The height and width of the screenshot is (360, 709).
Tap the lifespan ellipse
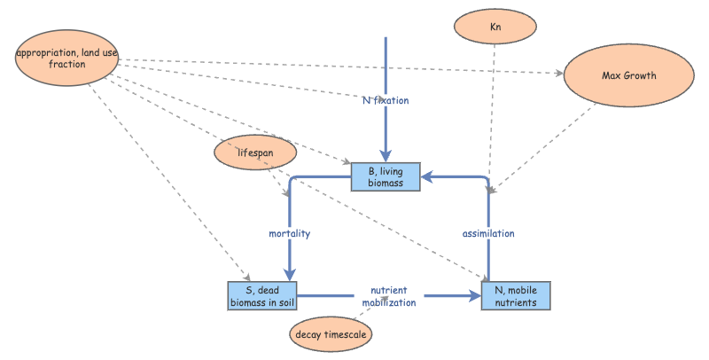click(253, 153)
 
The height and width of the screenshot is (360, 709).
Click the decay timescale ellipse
click(331, 334)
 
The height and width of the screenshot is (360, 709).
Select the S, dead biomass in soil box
click(261, 296)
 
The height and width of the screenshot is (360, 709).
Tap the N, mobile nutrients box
click(516, 296)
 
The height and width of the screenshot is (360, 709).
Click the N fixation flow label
click(386, 100)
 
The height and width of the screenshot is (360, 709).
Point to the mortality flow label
click(289, 234)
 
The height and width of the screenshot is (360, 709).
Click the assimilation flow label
click(488, 234)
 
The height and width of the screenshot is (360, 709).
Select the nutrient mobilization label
click(388, 296)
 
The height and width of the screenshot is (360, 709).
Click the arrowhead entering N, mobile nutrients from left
click(475, 296)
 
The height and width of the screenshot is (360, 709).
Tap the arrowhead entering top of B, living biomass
click(386, 158)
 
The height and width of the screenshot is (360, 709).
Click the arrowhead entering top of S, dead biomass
click(289, 276)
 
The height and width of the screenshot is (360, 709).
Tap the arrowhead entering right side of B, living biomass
click(426, 176)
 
